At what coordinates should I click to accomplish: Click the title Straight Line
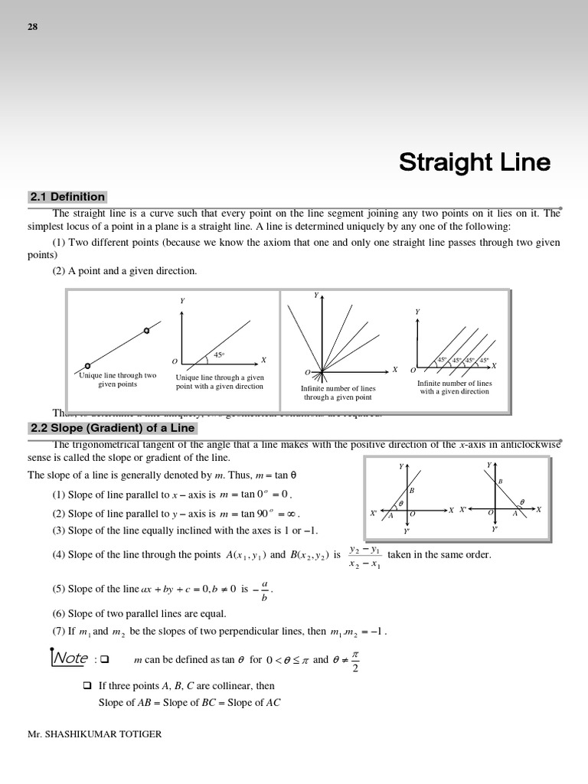tap(474, 162)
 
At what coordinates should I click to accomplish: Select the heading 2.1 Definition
tap(67, 197)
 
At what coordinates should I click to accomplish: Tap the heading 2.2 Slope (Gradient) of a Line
tap(112, 428)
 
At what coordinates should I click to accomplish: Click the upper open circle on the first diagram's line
tap(146, 331)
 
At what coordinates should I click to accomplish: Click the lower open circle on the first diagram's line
tap(88, 366)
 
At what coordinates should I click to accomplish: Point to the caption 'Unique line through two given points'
tap(117, 380)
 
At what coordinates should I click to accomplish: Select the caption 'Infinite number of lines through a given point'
tap(338, 393)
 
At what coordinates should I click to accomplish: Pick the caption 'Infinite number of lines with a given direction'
tap(454, 387)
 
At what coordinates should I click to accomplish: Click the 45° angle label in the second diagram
tap(218, 355)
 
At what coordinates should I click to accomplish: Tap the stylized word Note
tap(70, 658)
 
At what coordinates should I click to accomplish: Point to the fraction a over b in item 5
tap(264, 590)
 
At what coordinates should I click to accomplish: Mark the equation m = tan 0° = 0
tap(256, 495)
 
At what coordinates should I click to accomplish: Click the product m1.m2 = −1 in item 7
tap(358, 632)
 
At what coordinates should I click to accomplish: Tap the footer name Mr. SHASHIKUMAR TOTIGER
tap(95, 734)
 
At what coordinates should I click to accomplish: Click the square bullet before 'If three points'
tap(87, 686)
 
